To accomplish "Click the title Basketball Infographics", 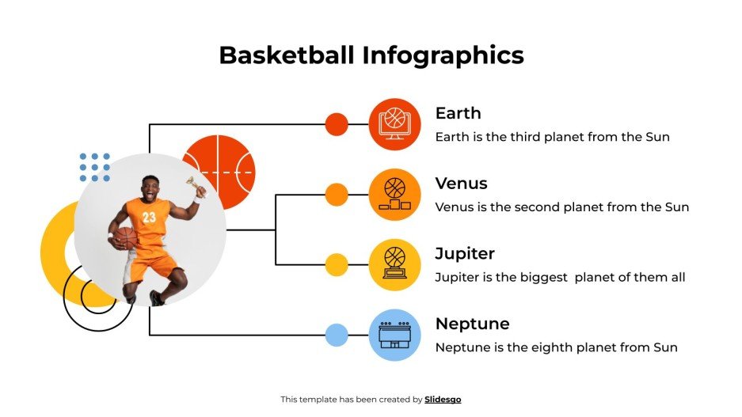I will pyautogui.click(x=371, y=55).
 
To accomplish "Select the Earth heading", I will pyautogui.click(x=458, y=113).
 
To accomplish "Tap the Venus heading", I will pyautogui.click(x=461, y=184).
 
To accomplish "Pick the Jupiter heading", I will pyautogui.click(x=464, y=254).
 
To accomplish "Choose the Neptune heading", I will pyautogui.click(x=472, y=324).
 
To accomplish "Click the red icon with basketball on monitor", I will pyautogui.click(x=394, y=124).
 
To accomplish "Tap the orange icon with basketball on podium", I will pyautogui.click(x=394, y=195).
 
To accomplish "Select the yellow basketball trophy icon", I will pyautogui.click(x=394, y=264).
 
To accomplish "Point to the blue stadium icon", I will pyautogui.click(x=394, y=335).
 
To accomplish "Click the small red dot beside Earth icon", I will pyautogui.click(x=337, y=124).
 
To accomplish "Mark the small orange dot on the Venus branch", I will pyautogui.click(x=337, y=195).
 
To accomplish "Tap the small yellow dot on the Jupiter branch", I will pyautogui.click(x=337, y=264).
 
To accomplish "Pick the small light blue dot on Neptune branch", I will pyautogui.click(x=337, y=335).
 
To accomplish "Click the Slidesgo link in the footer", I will pyautogui.click(x=443, y=400).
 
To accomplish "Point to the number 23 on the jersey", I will pyautogui.click(x=150, y=217).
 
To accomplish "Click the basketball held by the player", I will pyautogui.click(x=125, y=238).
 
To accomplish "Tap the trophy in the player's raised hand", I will pyautogui.click(x=192, y=186).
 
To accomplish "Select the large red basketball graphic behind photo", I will pyautogui.click(x=230, y=162).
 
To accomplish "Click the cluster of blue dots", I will pyautogui.click(x=95, y=168).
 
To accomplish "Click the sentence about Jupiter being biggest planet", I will pyautogui.click(x=560, y=278).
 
